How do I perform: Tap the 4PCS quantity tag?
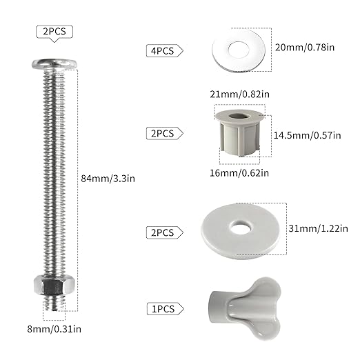161,50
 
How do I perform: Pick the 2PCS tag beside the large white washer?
161,232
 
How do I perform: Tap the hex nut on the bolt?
54,285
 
